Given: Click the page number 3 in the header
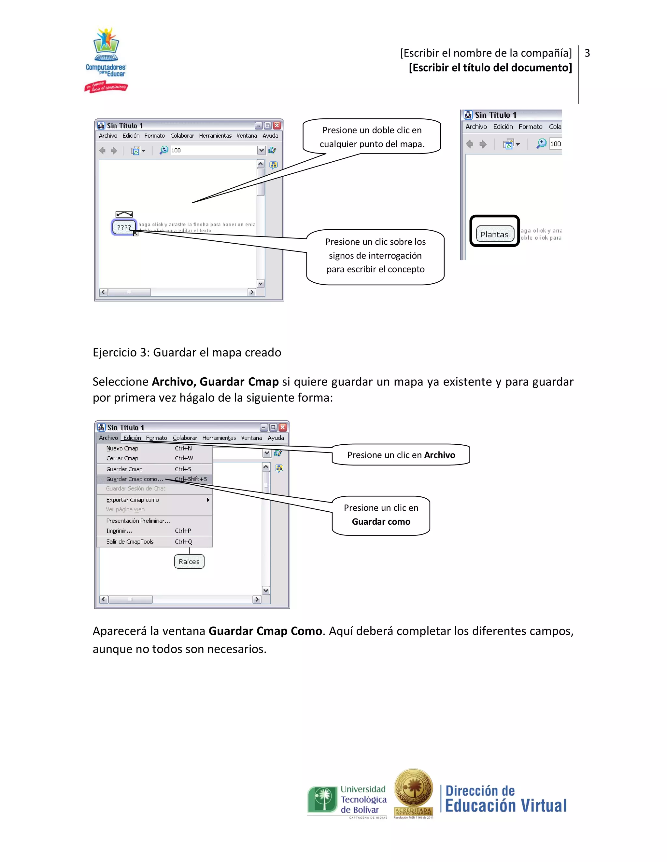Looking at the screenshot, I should pos(587,53).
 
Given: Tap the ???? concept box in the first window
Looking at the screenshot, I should pos(124,227).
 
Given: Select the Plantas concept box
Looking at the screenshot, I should pos(494,234).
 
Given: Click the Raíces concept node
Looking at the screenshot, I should pos(189,561).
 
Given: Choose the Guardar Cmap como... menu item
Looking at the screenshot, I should pos(135,479).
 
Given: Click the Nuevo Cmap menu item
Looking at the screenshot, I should pos(122,448).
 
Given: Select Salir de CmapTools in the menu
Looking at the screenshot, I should pos(130,542).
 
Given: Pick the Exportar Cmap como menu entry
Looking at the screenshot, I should pos(132,500).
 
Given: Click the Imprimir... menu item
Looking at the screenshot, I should pos(119,531).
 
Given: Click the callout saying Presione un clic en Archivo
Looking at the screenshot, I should pos(401,455).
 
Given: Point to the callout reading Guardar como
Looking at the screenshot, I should pos(381,515).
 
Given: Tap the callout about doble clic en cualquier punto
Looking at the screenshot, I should pos(372,137).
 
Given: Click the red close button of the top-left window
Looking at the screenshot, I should pos(277,126).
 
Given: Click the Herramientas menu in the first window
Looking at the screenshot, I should pos(215,136).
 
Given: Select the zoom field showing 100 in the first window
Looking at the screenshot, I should pos(213,150).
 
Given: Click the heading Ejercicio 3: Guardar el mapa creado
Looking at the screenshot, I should pos(187,352).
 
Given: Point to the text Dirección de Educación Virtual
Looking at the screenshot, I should pos(505,799).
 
